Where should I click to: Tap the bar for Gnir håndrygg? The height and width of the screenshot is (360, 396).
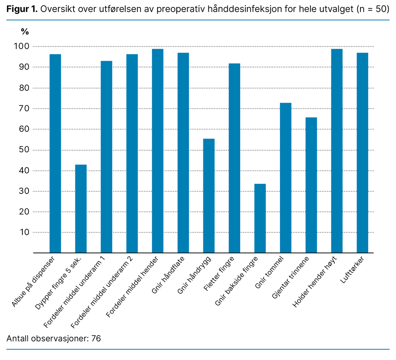pos(209,195)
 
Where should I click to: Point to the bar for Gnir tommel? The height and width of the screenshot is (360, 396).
pos(285,178)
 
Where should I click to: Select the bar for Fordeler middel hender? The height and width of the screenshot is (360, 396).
pos(157,151)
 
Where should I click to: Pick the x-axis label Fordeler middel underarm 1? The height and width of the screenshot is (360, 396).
pos(76,291)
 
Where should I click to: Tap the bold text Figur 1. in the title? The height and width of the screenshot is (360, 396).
pos(22,9)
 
